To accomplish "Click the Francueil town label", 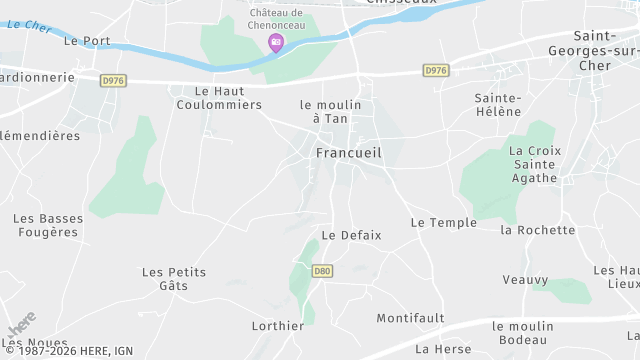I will click(348, 153).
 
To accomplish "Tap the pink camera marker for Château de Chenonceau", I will click(276, 42).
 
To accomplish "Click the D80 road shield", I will click(322, 271).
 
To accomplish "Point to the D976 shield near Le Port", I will click(114, 79).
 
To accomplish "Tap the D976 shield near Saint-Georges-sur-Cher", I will click(435, 70).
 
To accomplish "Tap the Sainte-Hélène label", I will click(498, 104).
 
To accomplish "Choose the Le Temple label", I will click(443, 222).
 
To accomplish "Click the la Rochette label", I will click(538, 230).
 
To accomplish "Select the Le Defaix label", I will click(351, 235).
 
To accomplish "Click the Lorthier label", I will click(278, 325).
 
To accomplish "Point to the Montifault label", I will click(410, 318).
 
